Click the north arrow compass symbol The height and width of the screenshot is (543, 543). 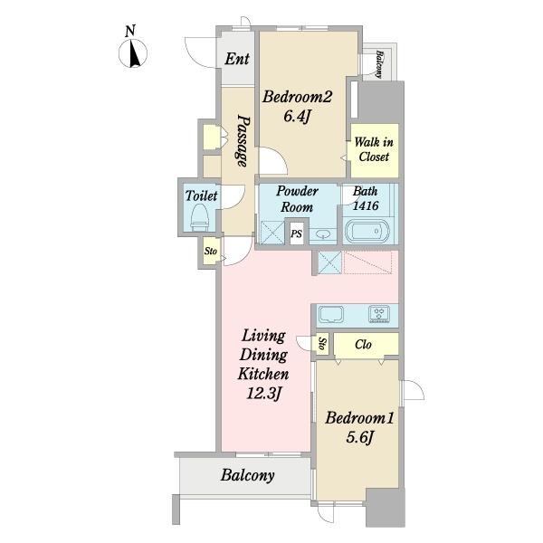[133, 53]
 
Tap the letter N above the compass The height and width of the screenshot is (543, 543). [130, 31]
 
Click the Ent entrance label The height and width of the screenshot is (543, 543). [237, 59]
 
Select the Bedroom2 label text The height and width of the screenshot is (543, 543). [297, 97]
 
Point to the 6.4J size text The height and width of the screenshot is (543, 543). [297, 116]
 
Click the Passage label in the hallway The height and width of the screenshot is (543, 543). [243, 141]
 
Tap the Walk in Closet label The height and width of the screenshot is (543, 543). [374, 149]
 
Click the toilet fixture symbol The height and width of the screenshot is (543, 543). [200, 217]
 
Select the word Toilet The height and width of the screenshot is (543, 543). [201, 195]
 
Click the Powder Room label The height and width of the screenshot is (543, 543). [297, 199]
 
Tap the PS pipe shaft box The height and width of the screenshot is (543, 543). [297, 233]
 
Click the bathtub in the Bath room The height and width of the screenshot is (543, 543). [367, 231]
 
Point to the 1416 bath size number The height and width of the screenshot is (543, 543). [366, 205]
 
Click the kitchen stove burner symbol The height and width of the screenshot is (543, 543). [379, 314]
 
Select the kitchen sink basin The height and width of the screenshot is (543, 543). [331, 314]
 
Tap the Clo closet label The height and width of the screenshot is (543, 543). [363, 344]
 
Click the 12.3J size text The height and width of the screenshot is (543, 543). [263, 394]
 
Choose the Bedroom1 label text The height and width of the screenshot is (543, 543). [359, 418]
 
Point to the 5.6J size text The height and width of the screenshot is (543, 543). [359, 437]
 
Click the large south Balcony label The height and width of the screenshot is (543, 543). [248, 475]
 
